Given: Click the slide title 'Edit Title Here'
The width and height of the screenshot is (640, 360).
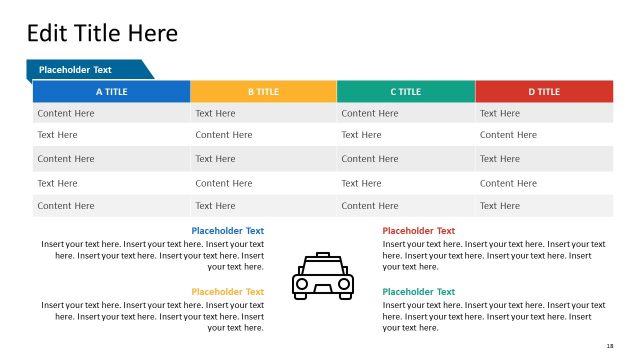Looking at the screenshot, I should [x=102, y=33].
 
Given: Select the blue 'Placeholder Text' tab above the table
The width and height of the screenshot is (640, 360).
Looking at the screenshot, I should [x=75, y=70].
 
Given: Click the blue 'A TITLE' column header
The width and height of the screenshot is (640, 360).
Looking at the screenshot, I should [x=111, y=92].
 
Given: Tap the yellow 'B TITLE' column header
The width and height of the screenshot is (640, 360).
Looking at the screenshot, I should [x=263, y=92].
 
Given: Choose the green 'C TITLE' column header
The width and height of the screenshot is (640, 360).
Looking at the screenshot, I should [x=405, y=92].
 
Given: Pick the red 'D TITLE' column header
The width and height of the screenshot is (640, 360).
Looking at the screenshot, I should [x=544, y=92].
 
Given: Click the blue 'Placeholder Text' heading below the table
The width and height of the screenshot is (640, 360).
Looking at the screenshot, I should [x=227, y=231].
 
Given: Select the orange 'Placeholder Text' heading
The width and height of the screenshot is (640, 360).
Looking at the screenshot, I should [x=227, y=292].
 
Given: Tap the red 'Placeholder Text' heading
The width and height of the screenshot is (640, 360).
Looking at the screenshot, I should [x=418, y=231].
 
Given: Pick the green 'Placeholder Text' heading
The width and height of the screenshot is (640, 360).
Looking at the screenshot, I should [x=418, y=292].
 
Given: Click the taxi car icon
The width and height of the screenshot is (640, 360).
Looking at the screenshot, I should [x=322, y=276].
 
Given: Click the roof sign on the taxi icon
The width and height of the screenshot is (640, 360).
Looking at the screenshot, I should [x=322, y=256].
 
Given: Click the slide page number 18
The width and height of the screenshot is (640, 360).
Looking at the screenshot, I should [x=610, y=345].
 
